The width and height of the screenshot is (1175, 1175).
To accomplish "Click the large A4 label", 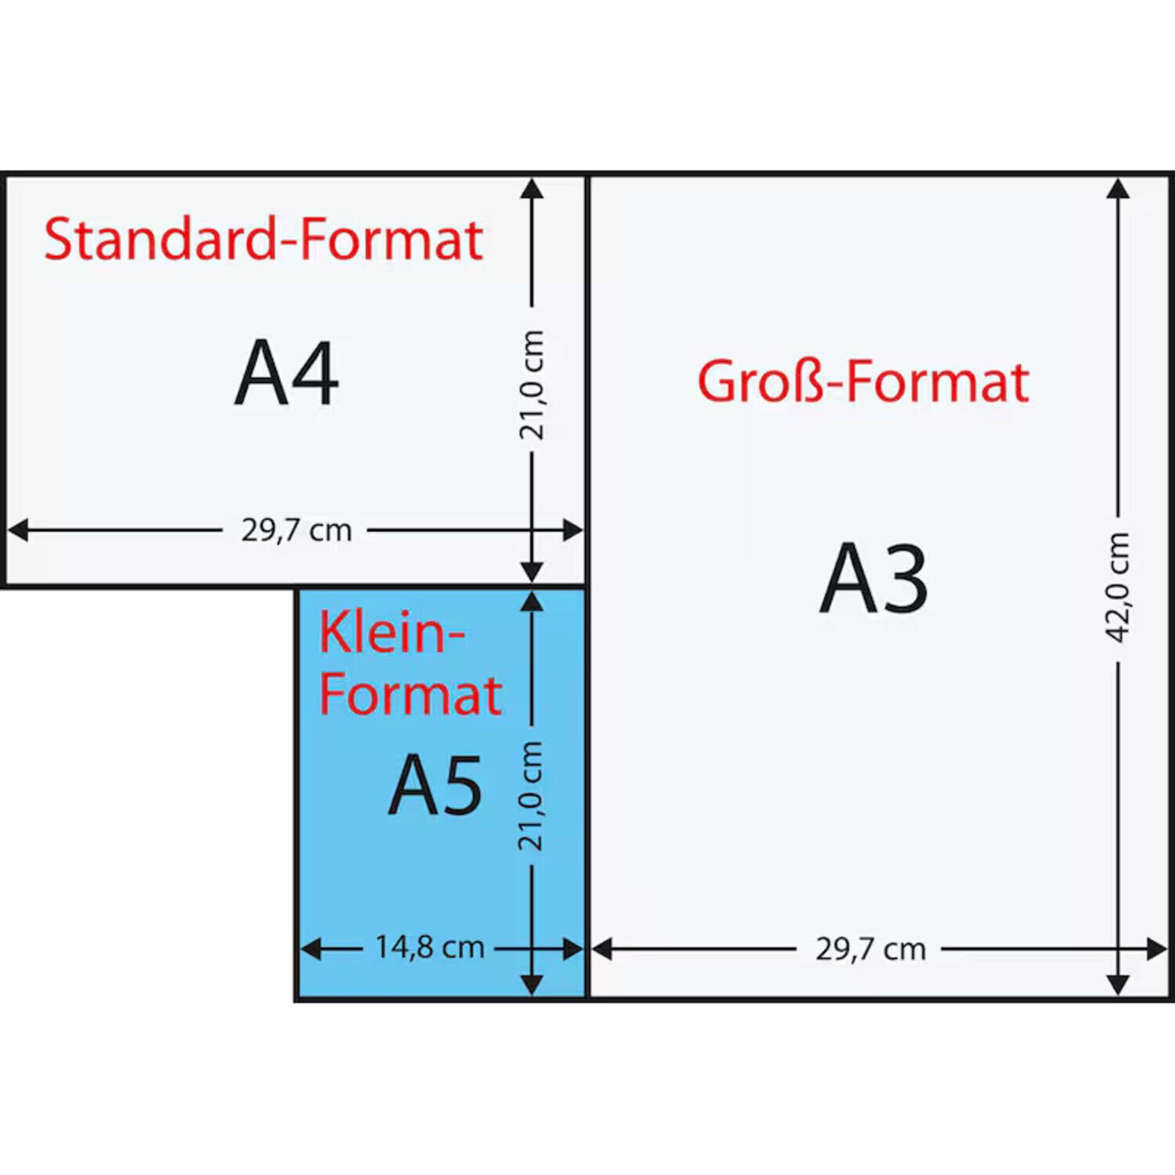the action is (287, 373).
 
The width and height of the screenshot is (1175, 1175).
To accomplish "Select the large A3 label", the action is (873, 578).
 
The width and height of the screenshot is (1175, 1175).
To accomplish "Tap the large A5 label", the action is (436, 784).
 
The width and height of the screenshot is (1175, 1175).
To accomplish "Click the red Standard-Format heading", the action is (263, 239).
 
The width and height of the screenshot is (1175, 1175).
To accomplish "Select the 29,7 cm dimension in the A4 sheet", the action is (296, 530).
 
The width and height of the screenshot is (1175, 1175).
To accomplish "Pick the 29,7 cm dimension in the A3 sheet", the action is (870, 949).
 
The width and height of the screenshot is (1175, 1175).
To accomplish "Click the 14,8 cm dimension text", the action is (429, 947).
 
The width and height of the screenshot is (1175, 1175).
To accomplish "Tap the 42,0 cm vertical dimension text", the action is (1118, 587).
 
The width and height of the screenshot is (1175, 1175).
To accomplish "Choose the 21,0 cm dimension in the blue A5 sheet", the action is (530, 796).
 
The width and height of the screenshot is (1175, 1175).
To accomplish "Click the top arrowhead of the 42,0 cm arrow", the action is (1118, 188).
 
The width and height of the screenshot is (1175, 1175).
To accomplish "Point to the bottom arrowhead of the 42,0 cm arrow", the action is (1118, 985).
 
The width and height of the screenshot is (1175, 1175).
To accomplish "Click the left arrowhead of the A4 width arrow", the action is (18, 530).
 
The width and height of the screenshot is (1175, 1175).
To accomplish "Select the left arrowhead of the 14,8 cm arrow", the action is (311, 949).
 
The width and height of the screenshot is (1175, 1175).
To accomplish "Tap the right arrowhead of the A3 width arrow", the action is (1157, 949).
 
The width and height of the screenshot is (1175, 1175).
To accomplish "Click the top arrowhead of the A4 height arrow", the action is (532, 188).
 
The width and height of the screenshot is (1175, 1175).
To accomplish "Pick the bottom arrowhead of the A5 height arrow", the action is (532, 985).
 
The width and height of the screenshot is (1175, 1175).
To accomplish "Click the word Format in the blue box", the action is (410, 695).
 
